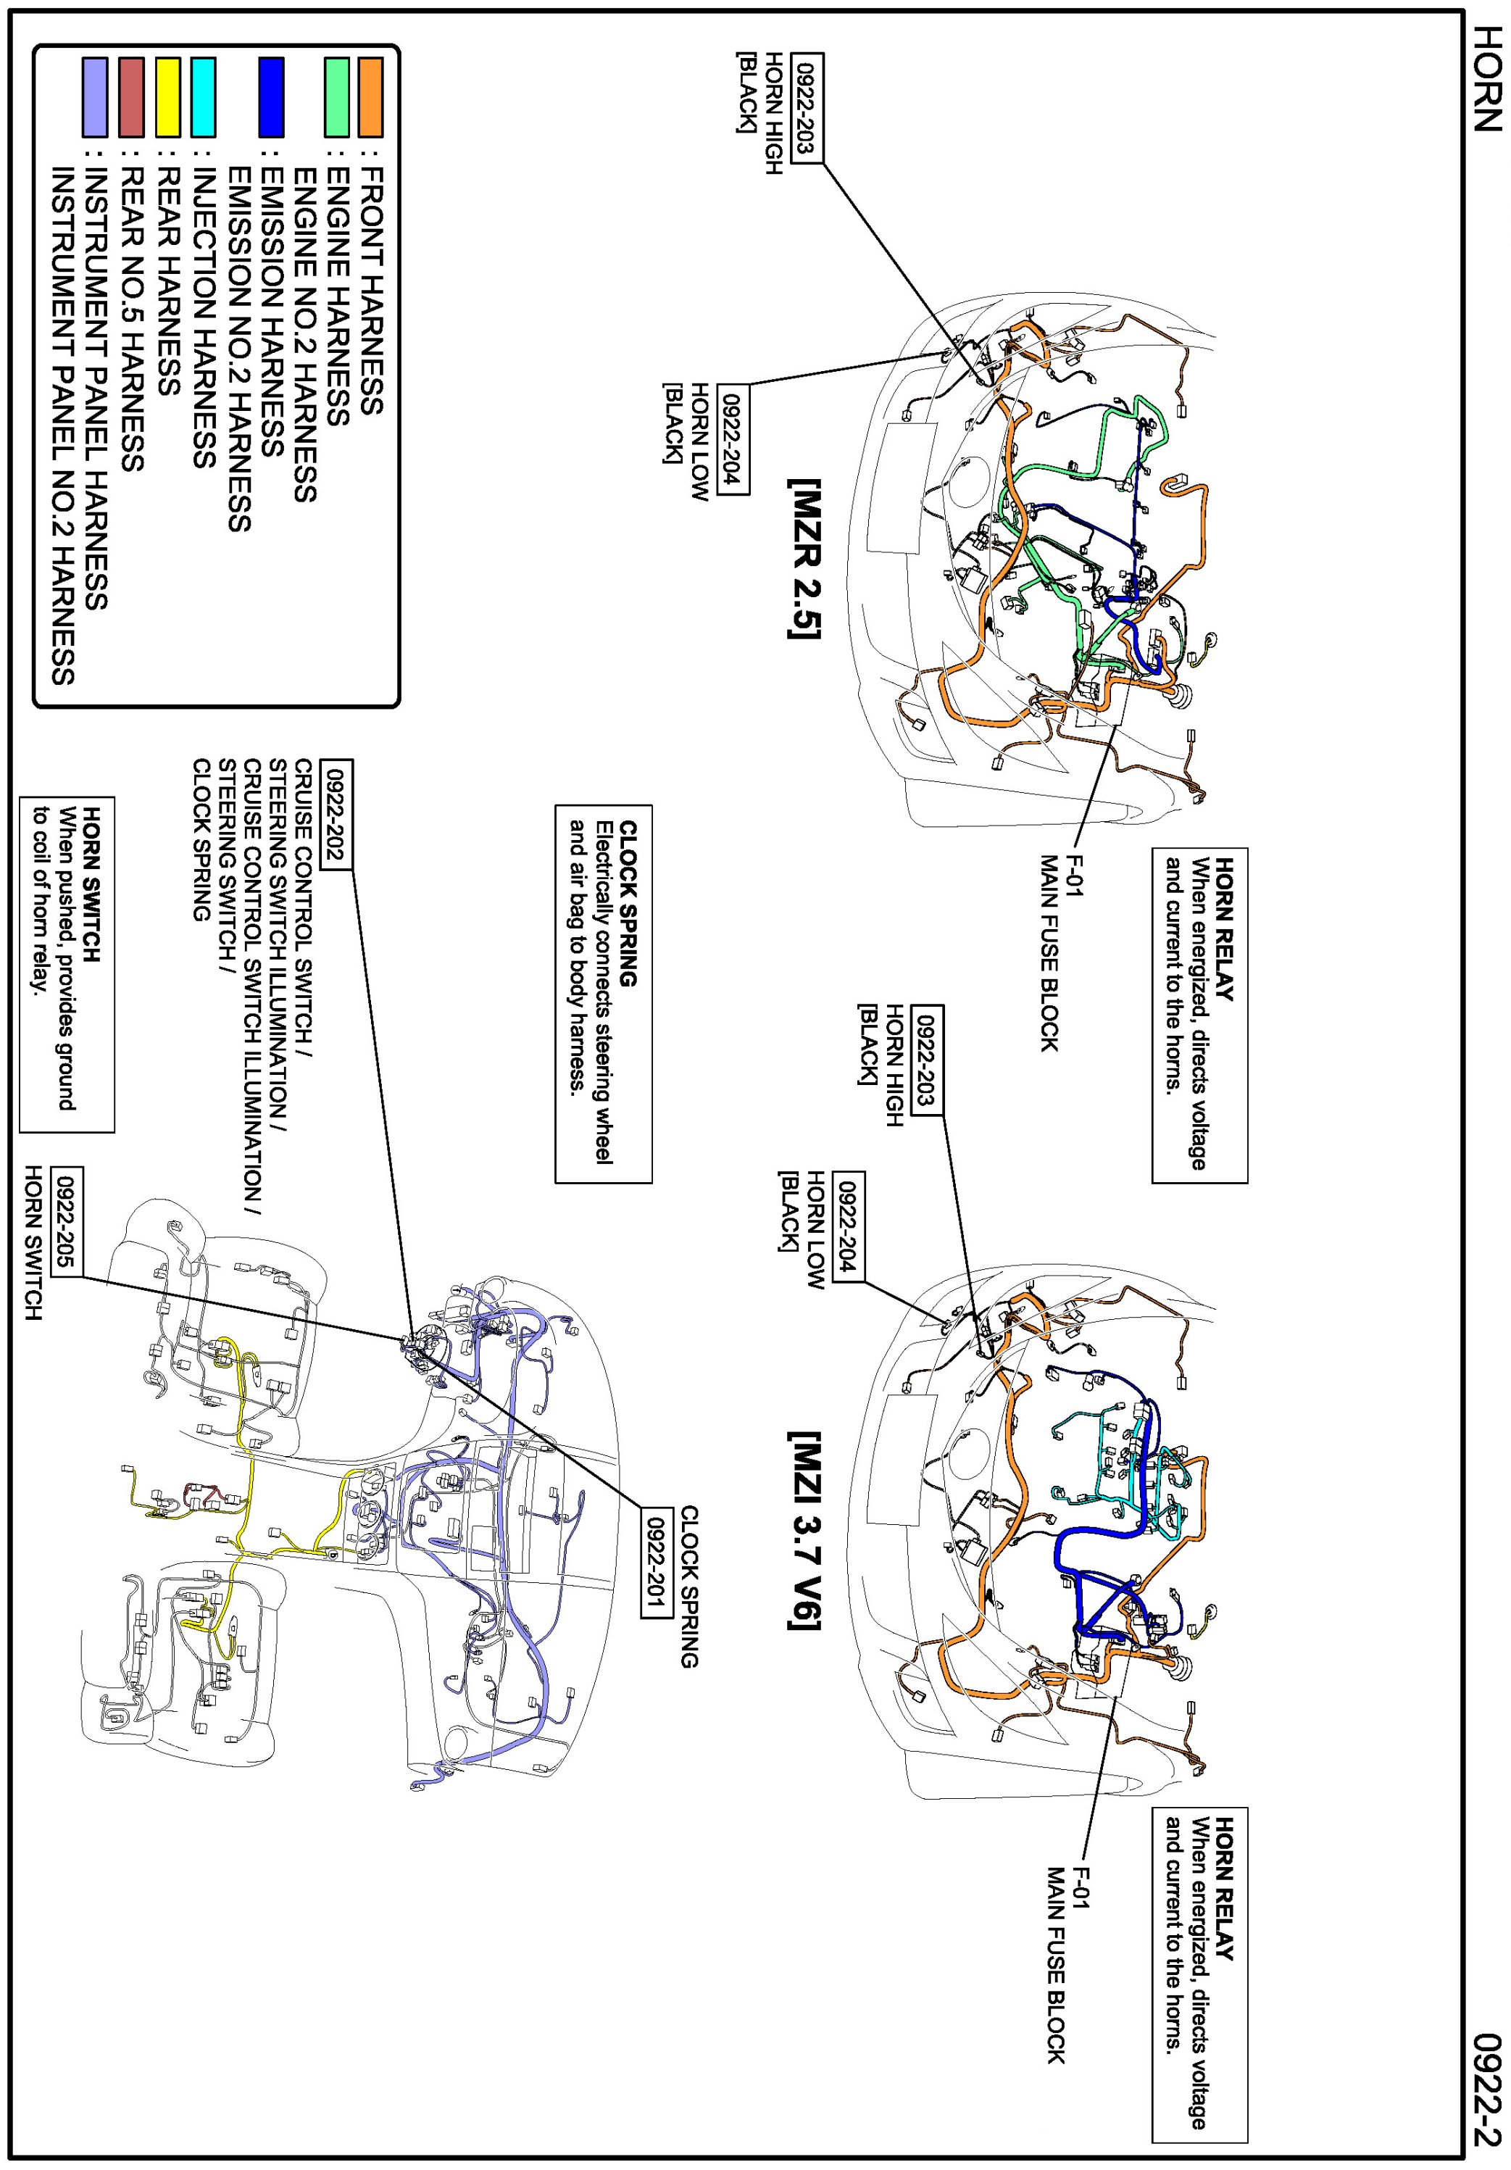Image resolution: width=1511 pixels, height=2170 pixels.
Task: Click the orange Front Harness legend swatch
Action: tap(370, 97)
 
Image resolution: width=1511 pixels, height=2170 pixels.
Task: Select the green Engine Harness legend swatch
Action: tap(336, 97)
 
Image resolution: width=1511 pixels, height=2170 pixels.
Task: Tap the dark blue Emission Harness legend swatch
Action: tap(271, 97)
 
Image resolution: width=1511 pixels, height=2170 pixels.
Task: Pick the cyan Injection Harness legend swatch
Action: tap(203, 97)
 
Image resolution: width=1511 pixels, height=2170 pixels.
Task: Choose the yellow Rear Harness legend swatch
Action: tap(168, 97)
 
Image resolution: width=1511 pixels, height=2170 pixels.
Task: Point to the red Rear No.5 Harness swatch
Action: tap(133, 97)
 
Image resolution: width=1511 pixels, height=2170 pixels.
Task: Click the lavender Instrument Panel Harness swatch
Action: tap(94, 97)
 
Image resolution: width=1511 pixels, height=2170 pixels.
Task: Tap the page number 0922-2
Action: tap(1486, 2089)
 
